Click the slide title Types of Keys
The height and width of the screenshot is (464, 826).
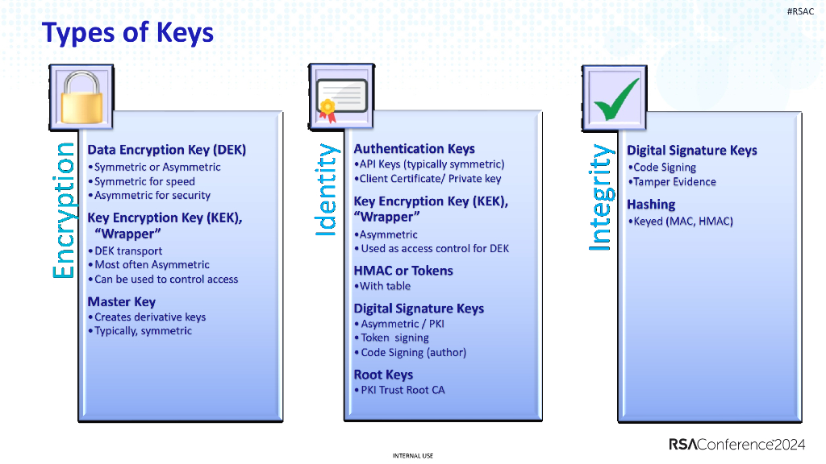pos(127,33)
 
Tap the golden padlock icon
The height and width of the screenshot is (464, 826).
pos(84,97)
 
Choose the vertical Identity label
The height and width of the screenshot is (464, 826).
pos(326,190)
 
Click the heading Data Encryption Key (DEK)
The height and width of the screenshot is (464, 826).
pos(166,150)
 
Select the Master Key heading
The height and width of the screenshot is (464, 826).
pos(121,302)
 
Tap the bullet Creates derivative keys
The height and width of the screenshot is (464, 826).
pos(150,317)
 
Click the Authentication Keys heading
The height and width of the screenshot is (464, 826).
pos(414,149)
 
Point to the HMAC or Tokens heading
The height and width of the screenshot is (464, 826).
pos(403,271)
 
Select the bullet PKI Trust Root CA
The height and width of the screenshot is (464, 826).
pos(402,390)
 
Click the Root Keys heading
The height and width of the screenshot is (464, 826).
pos(383,375)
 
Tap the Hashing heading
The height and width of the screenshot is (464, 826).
pos(651,205)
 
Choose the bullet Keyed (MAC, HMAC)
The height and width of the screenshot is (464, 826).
pos(682,222)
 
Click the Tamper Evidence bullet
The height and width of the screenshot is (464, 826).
pos(674,182)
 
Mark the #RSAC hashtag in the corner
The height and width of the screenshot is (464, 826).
pos(800,10)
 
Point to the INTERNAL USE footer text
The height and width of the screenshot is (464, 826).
pos(412,456)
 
